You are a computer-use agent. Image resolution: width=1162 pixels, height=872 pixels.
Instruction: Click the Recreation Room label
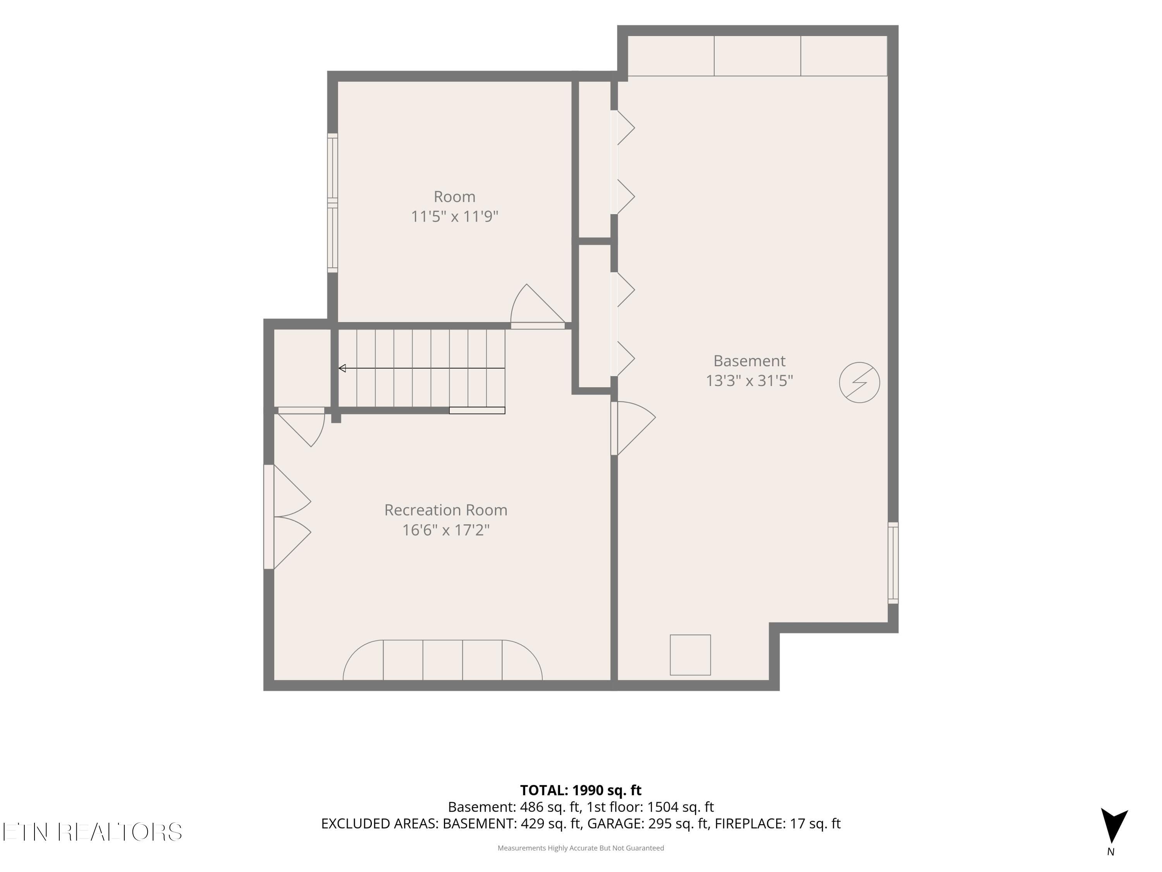(445, 510)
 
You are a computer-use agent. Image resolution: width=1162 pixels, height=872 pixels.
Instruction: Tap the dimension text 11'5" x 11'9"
(454, 216)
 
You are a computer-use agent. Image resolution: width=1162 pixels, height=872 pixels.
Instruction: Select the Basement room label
(749, 360)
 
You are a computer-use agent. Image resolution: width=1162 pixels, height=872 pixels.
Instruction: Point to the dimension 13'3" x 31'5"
(749, 381)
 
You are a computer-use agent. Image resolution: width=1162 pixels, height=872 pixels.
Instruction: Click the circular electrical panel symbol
(859, 383)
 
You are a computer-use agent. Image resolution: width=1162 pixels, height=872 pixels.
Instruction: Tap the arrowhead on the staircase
(342, 369)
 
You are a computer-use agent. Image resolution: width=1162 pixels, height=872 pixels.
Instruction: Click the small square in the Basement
(690, 655)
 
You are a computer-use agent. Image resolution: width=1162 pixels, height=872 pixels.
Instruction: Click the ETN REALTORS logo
(93, 832)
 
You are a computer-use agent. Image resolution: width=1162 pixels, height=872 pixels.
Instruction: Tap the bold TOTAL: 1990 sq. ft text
(581, 790)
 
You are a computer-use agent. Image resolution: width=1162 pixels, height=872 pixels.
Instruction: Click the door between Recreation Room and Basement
(633, 428)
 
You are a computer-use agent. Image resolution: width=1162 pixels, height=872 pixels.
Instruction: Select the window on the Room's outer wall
(332, 203)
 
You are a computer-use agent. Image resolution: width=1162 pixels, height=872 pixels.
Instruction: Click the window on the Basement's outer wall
(893, 562)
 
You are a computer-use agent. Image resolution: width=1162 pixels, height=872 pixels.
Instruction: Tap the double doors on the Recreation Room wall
(287, 517)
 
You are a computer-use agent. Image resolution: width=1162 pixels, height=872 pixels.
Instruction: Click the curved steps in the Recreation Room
(443, 660)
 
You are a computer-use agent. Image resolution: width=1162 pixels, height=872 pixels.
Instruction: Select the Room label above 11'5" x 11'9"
(454, 196)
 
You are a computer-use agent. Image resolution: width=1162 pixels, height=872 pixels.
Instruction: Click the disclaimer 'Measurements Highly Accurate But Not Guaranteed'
(581, 848)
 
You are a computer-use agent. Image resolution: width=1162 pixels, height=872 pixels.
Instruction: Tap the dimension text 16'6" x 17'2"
(445, 530)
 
